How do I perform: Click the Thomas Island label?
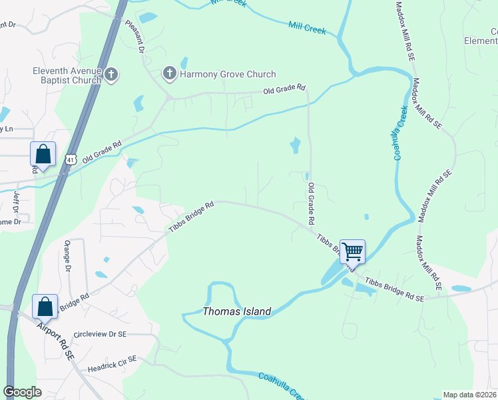236,311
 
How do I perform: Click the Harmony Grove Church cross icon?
170,74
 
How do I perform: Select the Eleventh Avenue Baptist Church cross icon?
111,74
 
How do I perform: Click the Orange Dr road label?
68,259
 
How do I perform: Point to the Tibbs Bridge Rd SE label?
394,291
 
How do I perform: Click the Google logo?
23,392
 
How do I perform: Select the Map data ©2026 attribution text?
469,395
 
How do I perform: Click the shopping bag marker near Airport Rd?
45,307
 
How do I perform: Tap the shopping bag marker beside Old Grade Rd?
43,155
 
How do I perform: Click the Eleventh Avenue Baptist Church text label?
67,75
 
